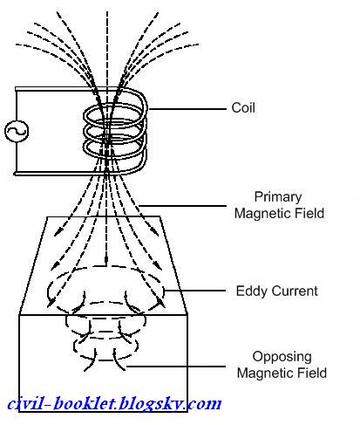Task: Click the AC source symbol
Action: click(x=17, y=131)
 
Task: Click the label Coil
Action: click(x=243, y=108)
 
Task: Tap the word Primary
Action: click(x=278, y=197)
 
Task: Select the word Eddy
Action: click(x=250, y=291)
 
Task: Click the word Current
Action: click(x=293, y=291)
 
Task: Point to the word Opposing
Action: click(x=282, y=357)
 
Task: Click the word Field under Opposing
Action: click(x=312, y=373)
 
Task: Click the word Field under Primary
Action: click(x=309, y=213)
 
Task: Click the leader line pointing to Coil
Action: click(x=187, y=109)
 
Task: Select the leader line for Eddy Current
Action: click(x=194, y=291)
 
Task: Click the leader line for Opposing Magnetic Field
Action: click(x=176, y=367)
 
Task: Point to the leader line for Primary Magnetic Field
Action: click(x=182, y=206)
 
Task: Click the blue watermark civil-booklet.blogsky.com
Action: click(x=114, y=403)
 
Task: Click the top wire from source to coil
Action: click(x=58, y=89)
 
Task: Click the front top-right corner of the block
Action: click(x=187, y=314)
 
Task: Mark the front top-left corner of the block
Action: click(x=19, y=315)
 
